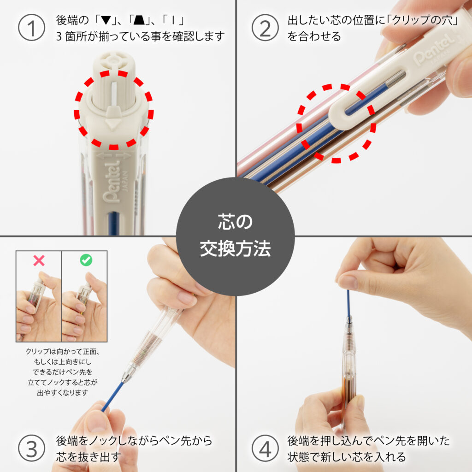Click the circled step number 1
click(x=32, y=28)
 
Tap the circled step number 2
click(x=265, y=28)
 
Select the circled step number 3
click(x=32, y=448)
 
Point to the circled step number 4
click(x=265, y=448)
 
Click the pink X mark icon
click(x=39, y=260)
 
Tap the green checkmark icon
click(x=86, y=260)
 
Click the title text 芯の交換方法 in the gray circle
click(x=235, y=236)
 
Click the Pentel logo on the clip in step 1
click(x=112, y=182)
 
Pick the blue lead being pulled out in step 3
click(x=113, y=396)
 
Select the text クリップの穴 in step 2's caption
click(x=424, y=20)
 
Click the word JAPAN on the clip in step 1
click(x=125, y=181)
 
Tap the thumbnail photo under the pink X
click(x=39, y=305)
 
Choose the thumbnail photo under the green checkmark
click(x=85, y=305)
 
